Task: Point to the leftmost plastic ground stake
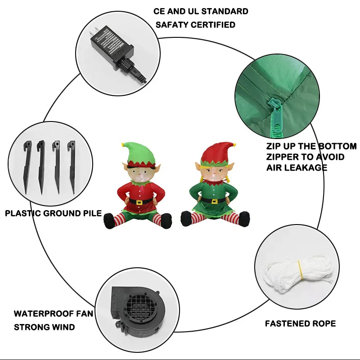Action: pos(26,166)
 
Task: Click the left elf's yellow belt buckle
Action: pos(139,202)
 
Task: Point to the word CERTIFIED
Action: pos(213,25)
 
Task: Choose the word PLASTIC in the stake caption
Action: pos(22,213)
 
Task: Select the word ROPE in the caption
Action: pos(324,323)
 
